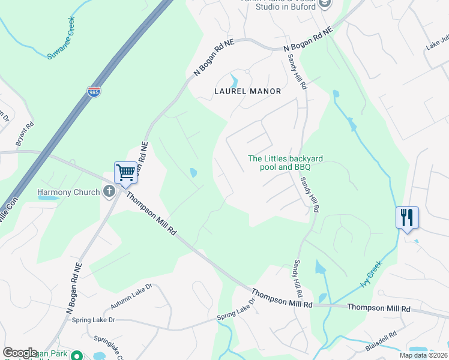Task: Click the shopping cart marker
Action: (126, 173)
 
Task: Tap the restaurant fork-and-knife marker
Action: (407, 217)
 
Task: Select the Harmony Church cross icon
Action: (109, 192)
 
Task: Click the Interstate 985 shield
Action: (94, 92)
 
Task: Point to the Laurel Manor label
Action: (248, 92)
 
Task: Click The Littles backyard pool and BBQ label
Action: (286, 163)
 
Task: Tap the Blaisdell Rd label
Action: (381, 342)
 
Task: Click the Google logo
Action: (20, 353)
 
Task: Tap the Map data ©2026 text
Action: (423, 355)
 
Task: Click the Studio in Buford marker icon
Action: (325, 4)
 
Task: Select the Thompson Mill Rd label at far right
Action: (379, 308)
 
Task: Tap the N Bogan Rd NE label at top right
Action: (307, 39)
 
